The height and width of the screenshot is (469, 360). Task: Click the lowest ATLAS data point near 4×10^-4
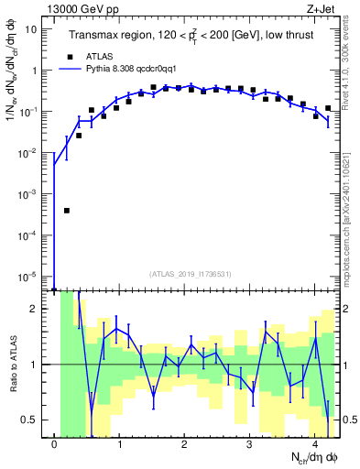(67, 210)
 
